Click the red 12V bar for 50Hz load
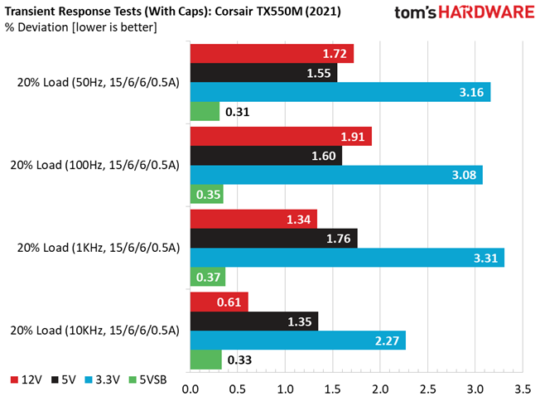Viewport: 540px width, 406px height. coord(272,54)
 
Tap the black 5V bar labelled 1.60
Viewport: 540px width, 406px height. coord(266,156)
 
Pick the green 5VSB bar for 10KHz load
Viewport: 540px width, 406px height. coord(206,360)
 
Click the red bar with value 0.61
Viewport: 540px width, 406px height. coord(219,302)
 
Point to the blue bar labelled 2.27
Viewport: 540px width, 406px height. coord(298,340)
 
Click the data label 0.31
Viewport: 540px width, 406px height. coord(238,112)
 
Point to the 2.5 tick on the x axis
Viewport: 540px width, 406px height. coord(427,388)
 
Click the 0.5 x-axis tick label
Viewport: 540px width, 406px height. coord(238,388)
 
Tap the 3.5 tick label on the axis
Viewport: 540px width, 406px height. coord(522,388)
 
